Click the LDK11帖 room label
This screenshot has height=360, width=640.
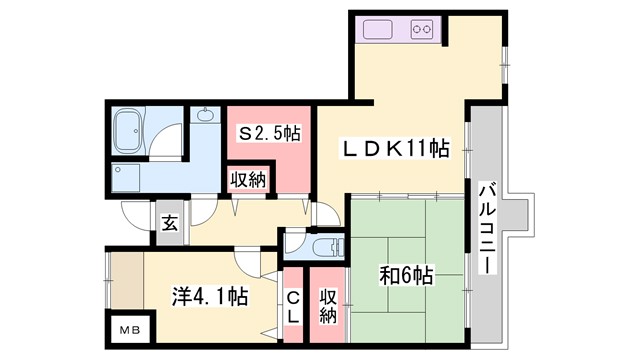click(396, 150)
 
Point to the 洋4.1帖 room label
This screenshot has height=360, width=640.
click(209, 296)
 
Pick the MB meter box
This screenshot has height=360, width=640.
click(131, 330)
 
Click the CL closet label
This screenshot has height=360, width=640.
click(294, 305)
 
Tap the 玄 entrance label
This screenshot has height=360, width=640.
click(169, 223)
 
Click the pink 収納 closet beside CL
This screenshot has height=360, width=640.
click(327, 305)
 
